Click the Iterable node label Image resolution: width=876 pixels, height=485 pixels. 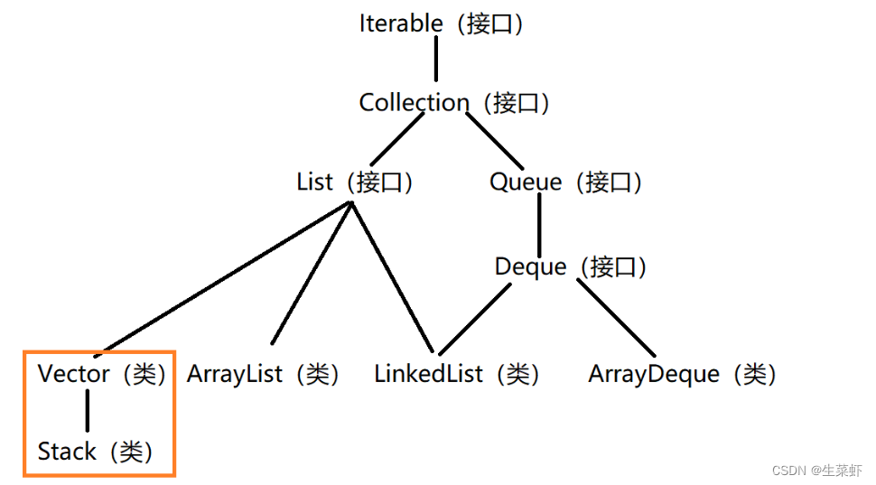click(x=442, y=23)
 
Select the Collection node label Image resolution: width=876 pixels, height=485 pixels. click(x=454, y=103)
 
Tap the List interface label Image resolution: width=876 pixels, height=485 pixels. click(x=355, y=182)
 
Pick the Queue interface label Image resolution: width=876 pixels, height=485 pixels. click(x=566, y=182)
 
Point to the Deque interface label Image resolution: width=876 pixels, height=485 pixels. click(x=571, y=267)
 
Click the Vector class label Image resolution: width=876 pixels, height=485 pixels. click(x=102, y=374)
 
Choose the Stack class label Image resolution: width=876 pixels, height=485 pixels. click(x=95, y=452)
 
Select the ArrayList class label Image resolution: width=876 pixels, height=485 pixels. click(x=263, y=374)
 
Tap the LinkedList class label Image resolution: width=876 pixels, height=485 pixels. click(x=457, y=374)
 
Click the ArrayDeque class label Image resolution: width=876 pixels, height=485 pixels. click(x=682, y=374)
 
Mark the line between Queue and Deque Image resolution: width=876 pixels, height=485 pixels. click(x=539, y=225)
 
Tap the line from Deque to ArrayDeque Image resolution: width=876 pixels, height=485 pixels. click(x=616, y=317)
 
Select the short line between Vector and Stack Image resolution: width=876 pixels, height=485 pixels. click(x=88, y=413)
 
